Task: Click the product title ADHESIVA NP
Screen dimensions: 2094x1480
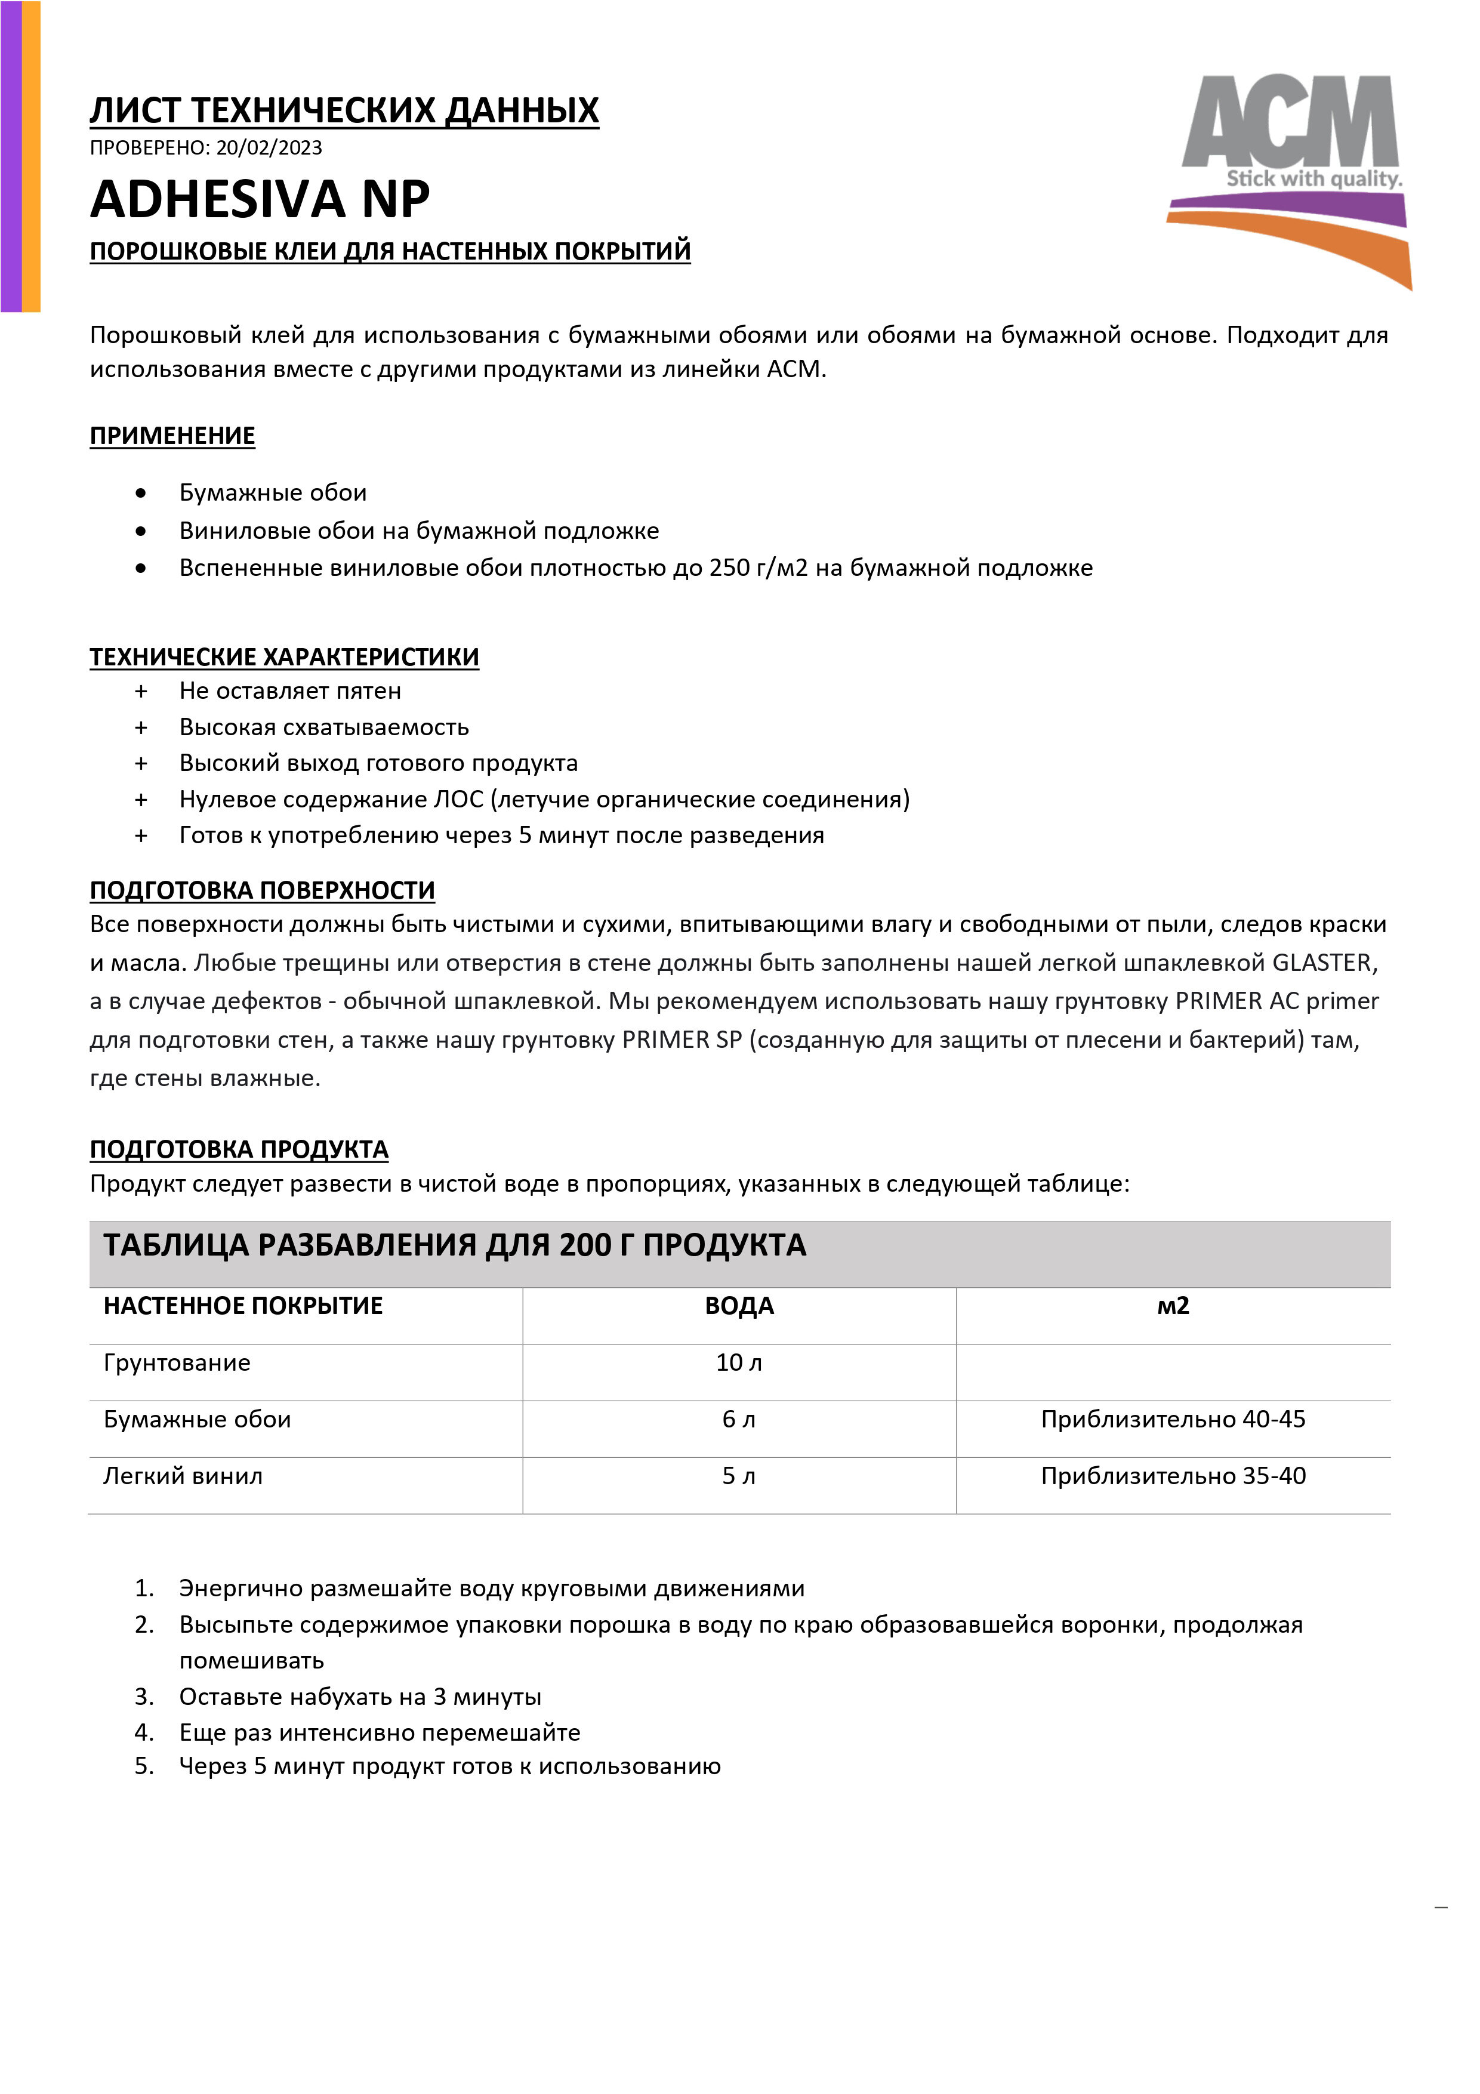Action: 260,200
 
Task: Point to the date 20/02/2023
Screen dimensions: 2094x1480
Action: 269,148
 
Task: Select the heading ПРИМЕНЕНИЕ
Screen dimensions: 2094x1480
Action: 172,436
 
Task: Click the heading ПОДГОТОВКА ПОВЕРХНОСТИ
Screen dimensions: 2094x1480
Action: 262,890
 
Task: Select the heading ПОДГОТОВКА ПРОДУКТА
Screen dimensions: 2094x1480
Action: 239,1149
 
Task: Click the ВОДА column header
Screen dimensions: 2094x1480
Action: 739,1306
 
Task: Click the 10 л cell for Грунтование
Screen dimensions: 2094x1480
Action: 739,1362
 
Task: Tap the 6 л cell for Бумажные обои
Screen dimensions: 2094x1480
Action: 739,1419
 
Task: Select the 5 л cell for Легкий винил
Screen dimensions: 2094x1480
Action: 739,1476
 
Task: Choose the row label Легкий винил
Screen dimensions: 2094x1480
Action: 183,1476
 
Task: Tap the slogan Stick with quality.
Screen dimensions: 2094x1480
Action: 1313,179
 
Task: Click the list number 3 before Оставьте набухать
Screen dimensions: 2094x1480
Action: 143,1697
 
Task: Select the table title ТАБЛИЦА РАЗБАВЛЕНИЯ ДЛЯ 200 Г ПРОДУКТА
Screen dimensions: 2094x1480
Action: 454,1246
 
